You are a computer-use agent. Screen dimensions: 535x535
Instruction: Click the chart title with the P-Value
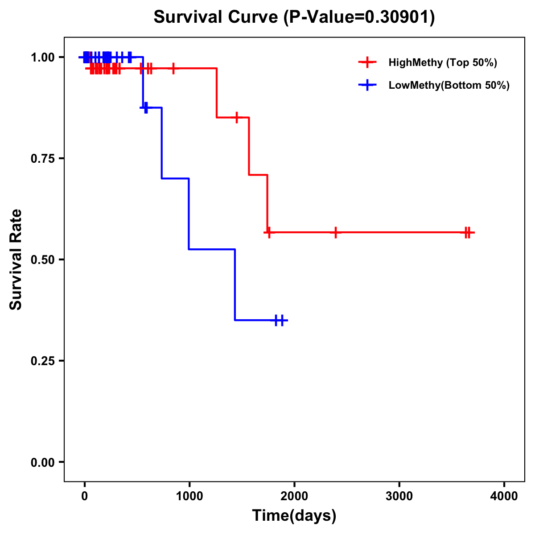click(294, 17)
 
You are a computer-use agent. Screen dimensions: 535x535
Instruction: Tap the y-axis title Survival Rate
click(16, 259)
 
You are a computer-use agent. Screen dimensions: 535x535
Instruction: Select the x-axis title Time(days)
click(294, 516)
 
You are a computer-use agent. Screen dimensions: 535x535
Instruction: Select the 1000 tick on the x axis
click(189, 496)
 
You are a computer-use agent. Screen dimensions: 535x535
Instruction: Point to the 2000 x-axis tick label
click(294, 496)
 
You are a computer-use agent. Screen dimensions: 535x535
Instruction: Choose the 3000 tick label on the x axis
click(399, 496)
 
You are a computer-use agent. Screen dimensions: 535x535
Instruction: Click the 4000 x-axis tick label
click(504, 496)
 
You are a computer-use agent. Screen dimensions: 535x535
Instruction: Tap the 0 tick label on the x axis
click(85, 496)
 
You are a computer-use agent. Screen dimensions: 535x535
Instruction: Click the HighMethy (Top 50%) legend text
click(443, 62)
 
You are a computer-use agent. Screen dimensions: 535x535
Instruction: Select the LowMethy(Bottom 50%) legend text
click(449, 85)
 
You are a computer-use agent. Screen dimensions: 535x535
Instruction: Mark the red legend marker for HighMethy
click(367, 62)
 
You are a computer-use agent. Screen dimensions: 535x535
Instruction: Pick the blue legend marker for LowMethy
click(367, 85)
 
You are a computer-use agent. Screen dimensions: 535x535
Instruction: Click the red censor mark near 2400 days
click(335, 232)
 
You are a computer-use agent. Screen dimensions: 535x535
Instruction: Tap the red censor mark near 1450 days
click(237, 117)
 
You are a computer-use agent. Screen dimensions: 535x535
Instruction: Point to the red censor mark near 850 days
click(173, 68)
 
